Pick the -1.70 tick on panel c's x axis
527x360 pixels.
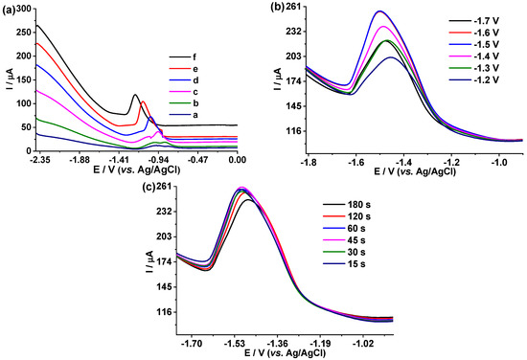point(193,341)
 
